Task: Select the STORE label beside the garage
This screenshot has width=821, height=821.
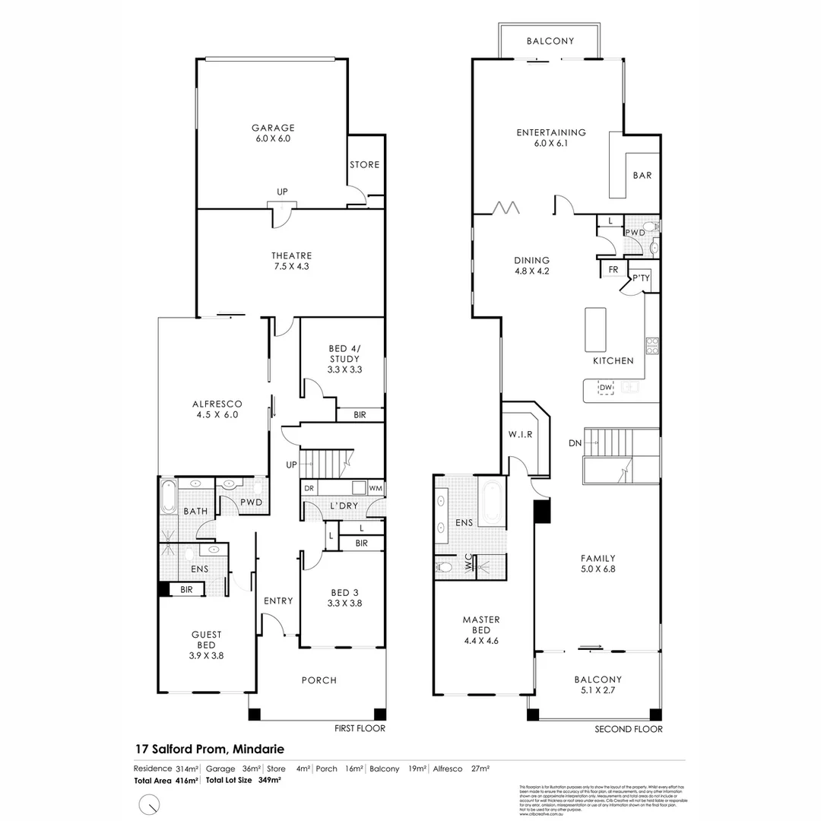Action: point(364,165)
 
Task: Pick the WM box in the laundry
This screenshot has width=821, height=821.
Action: point(376,488)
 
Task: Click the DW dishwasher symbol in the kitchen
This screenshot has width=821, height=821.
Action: point(605,388)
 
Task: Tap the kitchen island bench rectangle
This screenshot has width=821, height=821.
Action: point(594,327)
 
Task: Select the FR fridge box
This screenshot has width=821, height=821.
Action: point(613,270)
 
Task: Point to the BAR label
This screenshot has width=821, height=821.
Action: point(642,176)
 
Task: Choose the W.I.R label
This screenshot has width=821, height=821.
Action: point(520,434)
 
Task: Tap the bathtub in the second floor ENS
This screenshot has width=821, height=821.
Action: point(491,502)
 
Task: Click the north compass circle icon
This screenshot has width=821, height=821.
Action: point(151,804)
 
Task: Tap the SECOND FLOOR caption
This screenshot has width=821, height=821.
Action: point(629,729)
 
